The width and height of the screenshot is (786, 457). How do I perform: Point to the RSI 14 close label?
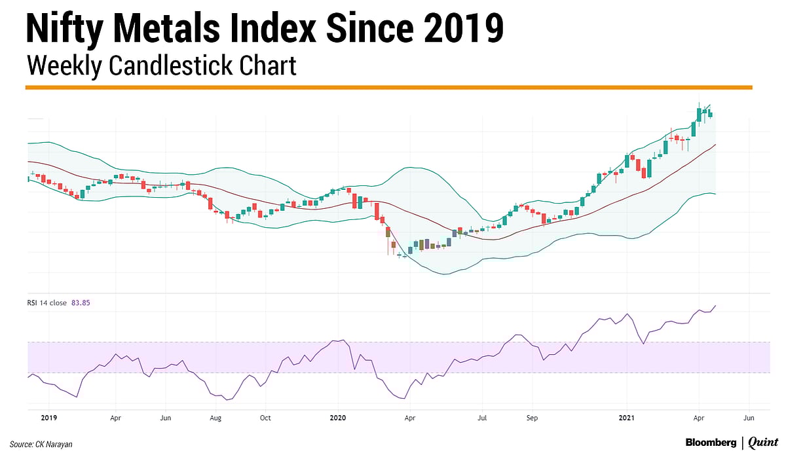47,303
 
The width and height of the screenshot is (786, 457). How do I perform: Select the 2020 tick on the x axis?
337,416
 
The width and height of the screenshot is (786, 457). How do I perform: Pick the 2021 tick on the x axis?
627,416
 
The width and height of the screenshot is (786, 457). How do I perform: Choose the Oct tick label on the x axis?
265,416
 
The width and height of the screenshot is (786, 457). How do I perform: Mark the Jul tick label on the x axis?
482,416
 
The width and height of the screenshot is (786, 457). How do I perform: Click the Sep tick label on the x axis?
532,416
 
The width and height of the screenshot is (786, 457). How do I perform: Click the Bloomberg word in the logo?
711,443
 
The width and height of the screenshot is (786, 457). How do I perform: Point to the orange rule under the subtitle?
388,87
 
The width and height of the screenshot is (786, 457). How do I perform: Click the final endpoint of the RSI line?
715,306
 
